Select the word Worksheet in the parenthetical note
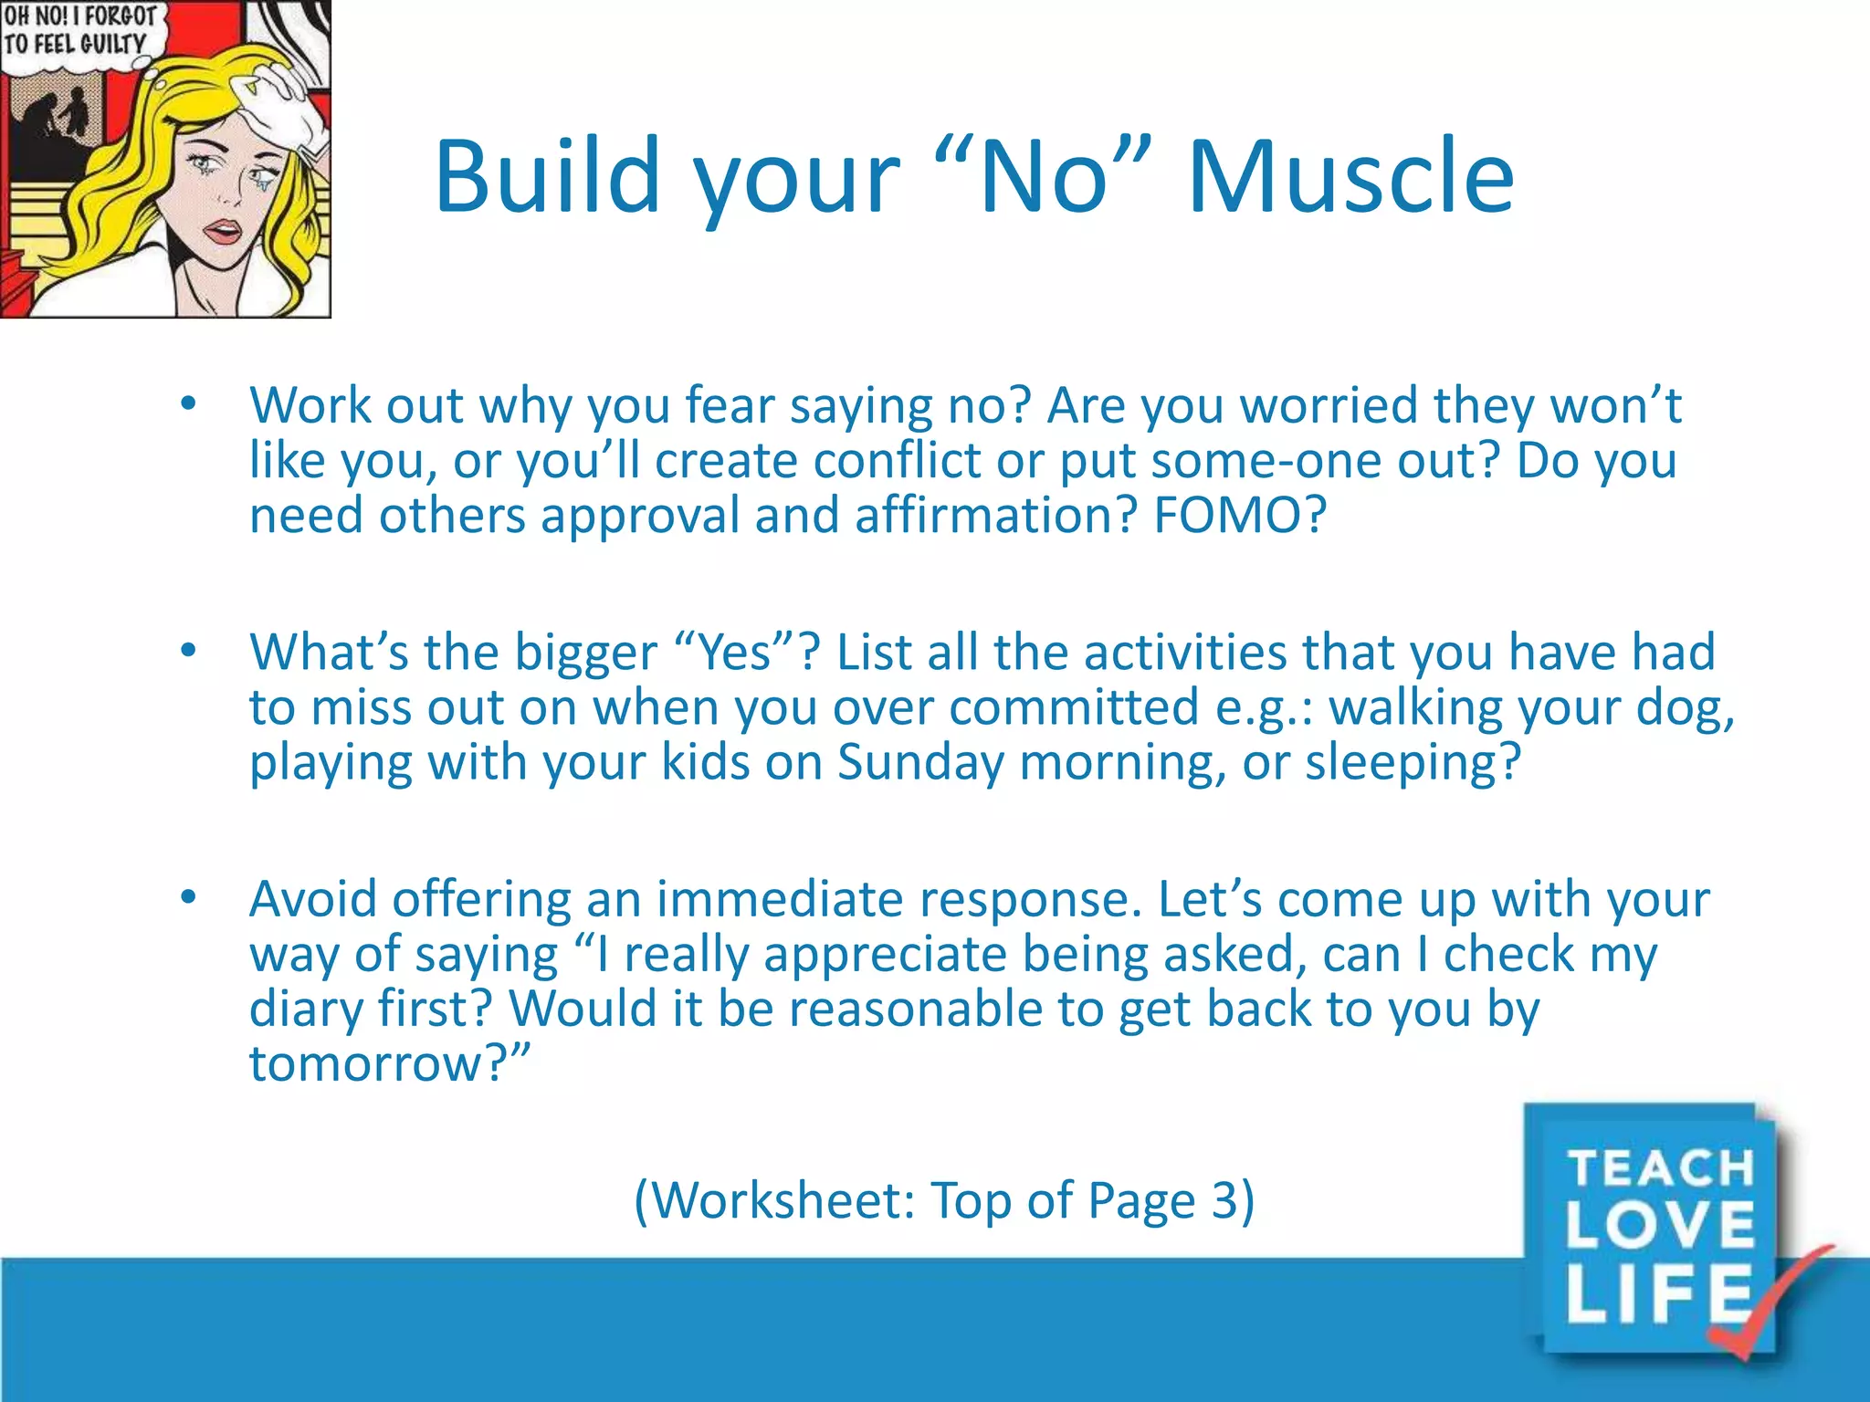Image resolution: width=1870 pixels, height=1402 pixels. (781, 1200)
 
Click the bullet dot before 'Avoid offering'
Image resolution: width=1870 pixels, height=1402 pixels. (188, 897)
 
